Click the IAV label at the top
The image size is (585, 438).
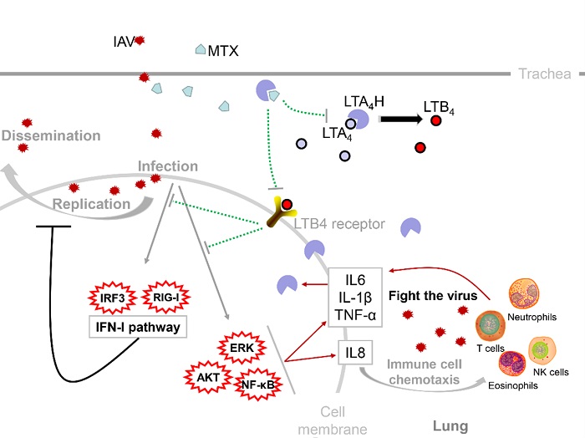[x=122, y=39]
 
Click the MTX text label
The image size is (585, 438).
[x=223, y=51]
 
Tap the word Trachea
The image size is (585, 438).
[x=544, y=74]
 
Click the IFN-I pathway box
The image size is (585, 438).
[x=138, y=328]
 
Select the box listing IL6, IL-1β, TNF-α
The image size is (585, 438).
[x=354, y=295]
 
